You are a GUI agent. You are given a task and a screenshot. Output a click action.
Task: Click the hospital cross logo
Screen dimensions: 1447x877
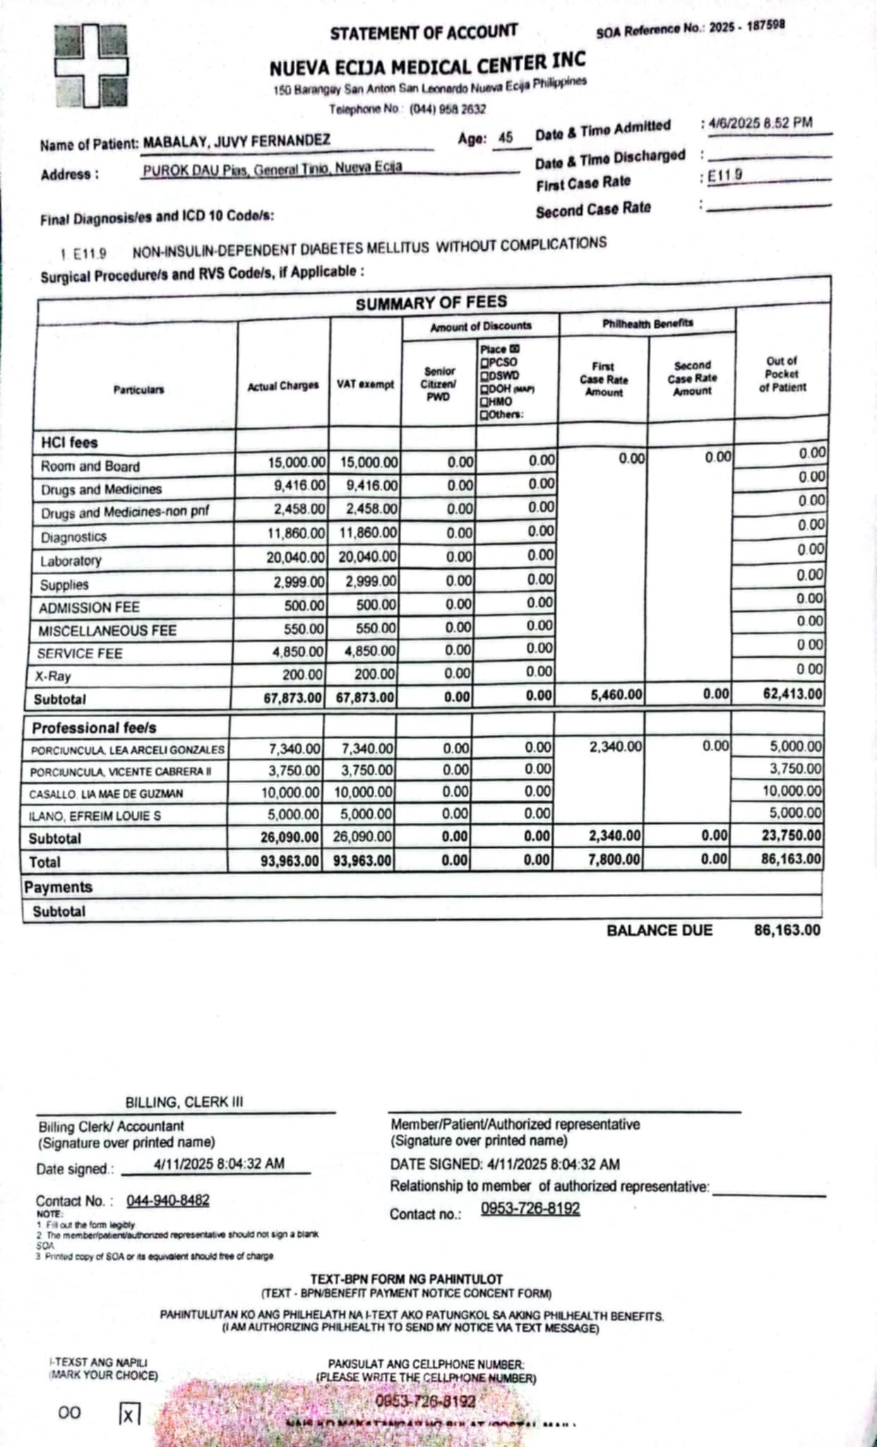pyautogui.click(x=92, y=66)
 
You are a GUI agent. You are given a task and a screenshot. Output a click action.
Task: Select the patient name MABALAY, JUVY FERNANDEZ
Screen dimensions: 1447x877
pyautogui.click(x=237, y=141)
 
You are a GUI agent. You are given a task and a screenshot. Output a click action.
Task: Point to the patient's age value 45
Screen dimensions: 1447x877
pyautogui.click(x=506, y=138)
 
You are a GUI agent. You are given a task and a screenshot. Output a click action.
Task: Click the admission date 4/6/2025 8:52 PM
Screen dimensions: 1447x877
pyautogui.click(x=760, y=123)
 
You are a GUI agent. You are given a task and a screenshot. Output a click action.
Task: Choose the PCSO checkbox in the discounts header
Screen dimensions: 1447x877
pyautogui.click(x=484, y=362)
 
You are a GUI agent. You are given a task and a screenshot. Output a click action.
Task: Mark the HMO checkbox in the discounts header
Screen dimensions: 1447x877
pyautogui.click(x=484, y=401)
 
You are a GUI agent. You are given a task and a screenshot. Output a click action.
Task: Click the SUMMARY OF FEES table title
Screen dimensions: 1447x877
pyautogui.click(x=431, y=303)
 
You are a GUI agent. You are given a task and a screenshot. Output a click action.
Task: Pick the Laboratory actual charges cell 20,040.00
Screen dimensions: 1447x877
pyautogui.click(x=296, y=557)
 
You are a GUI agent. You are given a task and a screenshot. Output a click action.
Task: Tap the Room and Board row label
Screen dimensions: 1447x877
pyautogui.click(x=90, y=466)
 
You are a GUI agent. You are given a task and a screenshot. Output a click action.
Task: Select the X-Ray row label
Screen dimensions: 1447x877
pyautogui.click(x=54, y=676)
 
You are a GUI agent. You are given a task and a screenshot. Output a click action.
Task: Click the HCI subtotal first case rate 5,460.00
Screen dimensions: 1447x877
pyautogui.click(x=616, y=695)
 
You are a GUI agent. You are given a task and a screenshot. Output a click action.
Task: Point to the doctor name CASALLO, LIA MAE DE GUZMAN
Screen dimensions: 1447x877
pyautogui.click(x=106, y=794)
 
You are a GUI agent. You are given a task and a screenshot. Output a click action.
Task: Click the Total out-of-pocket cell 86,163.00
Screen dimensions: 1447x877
pyautogui.click(x=792, y=859)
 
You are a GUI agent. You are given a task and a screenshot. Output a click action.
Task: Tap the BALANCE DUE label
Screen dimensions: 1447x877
pyautogui.click(x=660, y=931)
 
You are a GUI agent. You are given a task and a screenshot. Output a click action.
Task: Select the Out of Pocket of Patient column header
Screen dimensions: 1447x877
pyautogui.click(x=782, y=374)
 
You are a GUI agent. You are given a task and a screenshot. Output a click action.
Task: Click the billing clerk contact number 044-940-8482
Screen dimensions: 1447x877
pyautogui.click(x=168, y=1200)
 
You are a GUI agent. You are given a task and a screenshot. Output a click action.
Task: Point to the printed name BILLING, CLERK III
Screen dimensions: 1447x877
pyautogui.click(x=184, y=1102)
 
